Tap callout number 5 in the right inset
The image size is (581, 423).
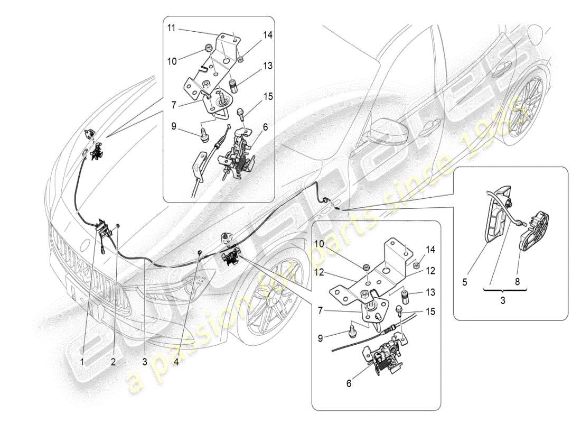(x=465, y=282)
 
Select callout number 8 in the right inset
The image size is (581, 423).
(x=517, y=282)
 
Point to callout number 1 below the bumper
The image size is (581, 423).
(x=82, y=362)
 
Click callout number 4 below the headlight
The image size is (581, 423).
(x=177, y=362)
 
